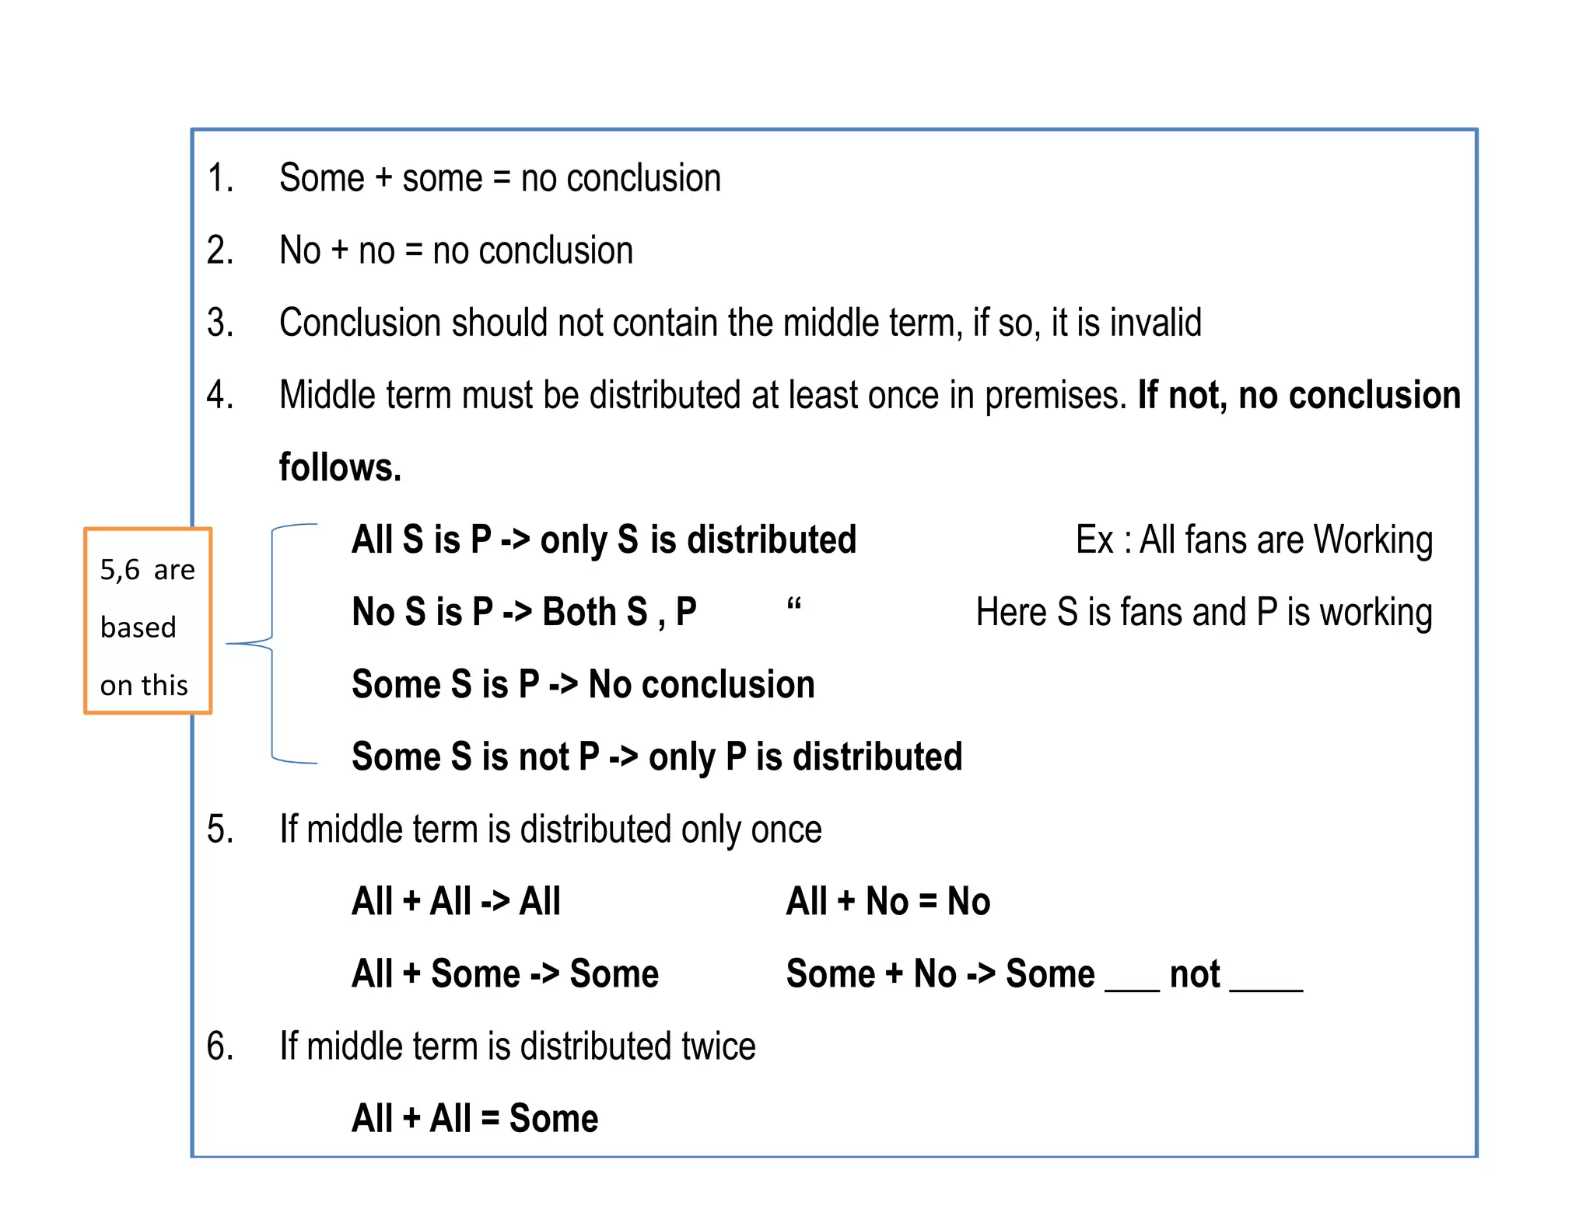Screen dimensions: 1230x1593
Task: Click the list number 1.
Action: [x=220, y=178]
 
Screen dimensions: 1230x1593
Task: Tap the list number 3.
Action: [x=220, y=323]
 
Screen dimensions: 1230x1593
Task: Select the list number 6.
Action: [x=220, y=1046]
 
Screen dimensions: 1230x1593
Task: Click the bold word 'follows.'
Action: [x=340, y=467]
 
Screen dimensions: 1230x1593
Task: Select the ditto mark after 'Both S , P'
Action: [x=794, y=603]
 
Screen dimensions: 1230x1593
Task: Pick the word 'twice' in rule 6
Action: [x=718, y=1046]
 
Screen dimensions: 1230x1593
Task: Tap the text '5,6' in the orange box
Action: [x=119, y=571]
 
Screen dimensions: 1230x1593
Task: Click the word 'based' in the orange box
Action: [x=138, y=627]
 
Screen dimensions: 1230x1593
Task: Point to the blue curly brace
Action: [x=271, y=643]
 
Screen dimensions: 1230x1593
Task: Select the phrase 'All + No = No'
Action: [x=888, y=902]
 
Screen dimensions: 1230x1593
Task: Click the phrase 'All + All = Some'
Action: [x=474, y=1119]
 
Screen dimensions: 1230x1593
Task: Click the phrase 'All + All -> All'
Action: [x=456, y=902]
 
